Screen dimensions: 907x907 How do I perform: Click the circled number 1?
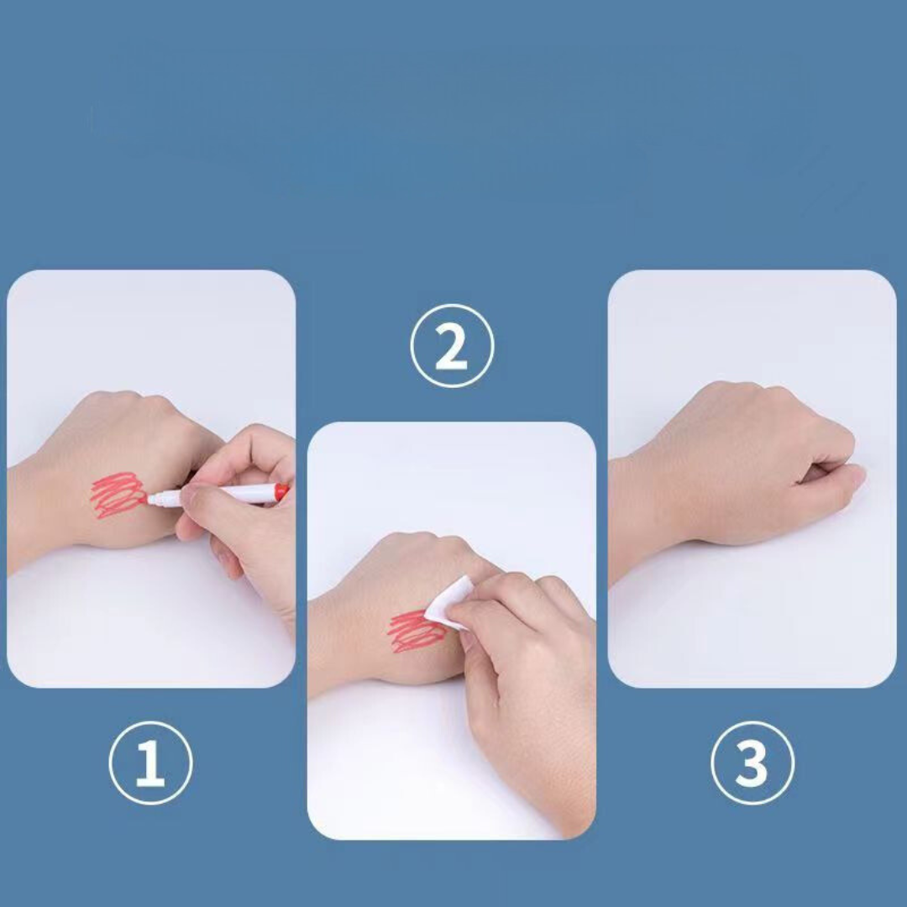pyautogui.click(x=150, y=763)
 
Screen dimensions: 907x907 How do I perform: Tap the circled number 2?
pyautogui.click(x=452, y=345)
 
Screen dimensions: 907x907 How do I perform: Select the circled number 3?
pyautogui.click(x=752, y=763)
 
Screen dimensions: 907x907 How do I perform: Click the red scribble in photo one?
pyautogui.click(x=118, y=495)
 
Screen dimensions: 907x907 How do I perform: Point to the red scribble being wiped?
pyautogui.click(x=417, y=631)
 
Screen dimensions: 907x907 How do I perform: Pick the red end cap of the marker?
pyautogui.click(x=281, y=492)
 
